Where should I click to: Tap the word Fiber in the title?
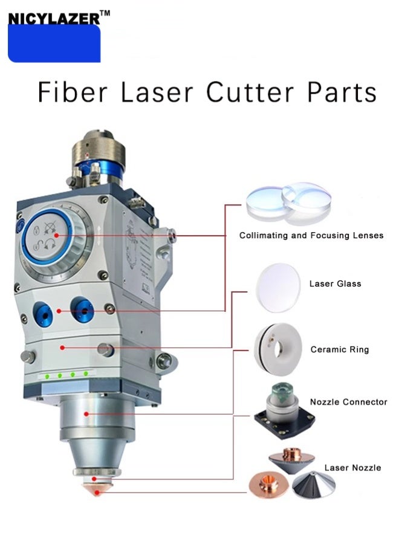click(x=73, y=92)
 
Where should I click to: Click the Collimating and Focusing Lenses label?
click(x=311, y=235)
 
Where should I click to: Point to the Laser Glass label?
click(x=335, y=283)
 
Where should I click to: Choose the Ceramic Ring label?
click(x=339, y=349)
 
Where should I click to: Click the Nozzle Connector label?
click(x=349, y=401)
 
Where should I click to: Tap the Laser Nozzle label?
click(x=352, y=467)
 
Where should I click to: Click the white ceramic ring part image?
click(x=276, y=349)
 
